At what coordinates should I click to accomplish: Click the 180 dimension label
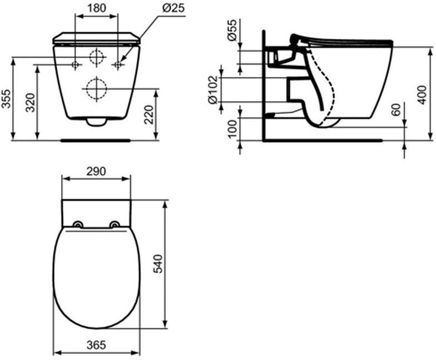click(x=97, y=8)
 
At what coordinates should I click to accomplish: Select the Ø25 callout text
click(x=174, y=8)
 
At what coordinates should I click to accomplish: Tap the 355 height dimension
click(x=7, y=98)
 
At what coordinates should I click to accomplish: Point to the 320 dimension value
click(x=30, y=102)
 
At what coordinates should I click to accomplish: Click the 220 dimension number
click(x=148, y=114)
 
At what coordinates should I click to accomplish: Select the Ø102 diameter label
click(x=214, y=89)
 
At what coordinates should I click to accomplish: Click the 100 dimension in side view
click(x=232, y=128)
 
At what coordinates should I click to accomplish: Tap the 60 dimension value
click(x=396, y=109)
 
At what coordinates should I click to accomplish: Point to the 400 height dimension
click(x=422, y=95)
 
